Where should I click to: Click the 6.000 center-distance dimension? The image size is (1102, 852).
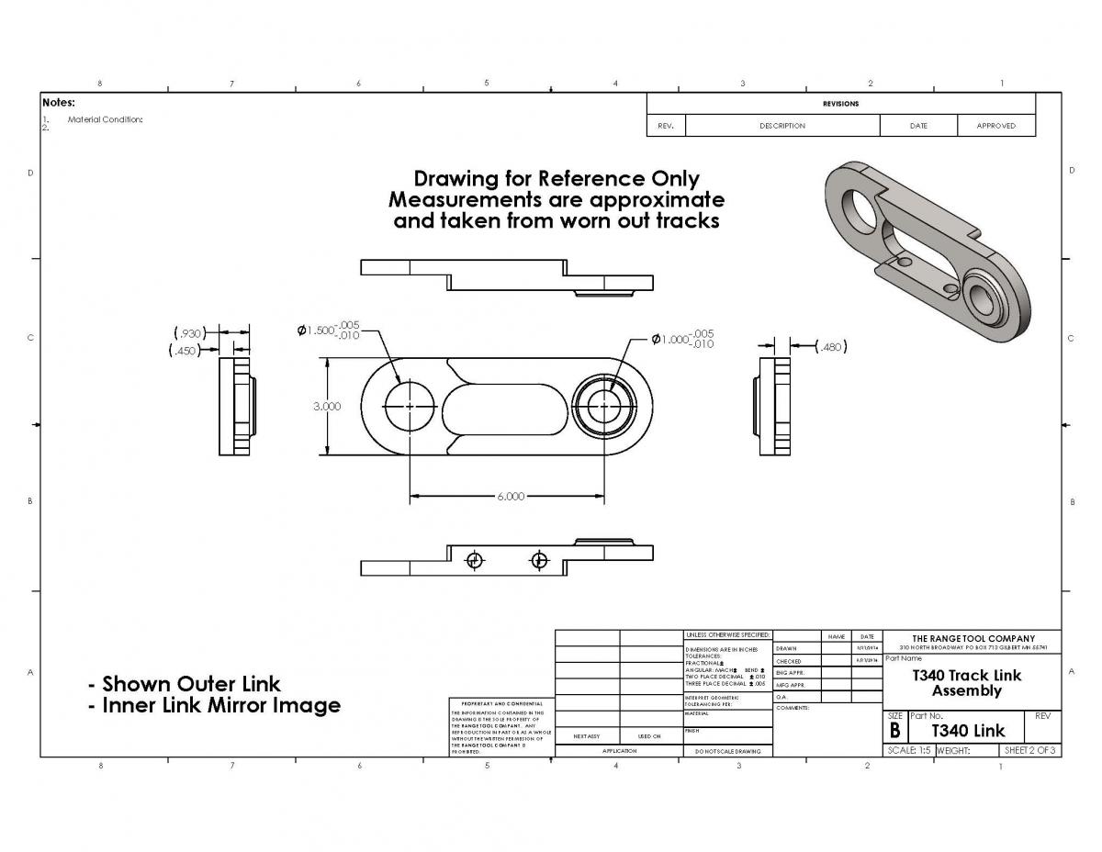click(511, 497)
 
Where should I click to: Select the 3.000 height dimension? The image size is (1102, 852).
click(327, 406)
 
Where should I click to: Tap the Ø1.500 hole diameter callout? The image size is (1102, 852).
click(328, 331)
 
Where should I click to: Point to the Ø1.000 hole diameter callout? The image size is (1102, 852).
click(682, 339)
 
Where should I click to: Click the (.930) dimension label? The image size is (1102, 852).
click(188, 332)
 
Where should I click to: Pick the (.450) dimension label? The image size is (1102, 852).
click(187, 350)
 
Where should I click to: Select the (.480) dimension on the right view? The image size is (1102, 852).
click(831, 346)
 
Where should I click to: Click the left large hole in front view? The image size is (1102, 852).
click(410, 406)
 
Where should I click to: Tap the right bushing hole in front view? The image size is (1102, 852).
click(603, 406)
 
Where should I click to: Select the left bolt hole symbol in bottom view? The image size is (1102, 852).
click(475, 560)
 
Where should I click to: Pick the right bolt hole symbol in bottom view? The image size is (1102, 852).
click(539, 560)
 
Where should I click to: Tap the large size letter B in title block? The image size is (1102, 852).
click(894, 731)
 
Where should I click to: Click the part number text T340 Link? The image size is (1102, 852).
click(968, 731)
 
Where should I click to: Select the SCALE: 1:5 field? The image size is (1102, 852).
click(908, 750)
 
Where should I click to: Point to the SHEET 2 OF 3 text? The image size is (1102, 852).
click(1030, 750)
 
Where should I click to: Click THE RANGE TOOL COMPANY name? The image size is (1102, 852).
click(973, 638)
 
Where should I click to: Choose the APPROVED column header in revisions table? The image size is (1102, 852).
click(995, 126)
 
